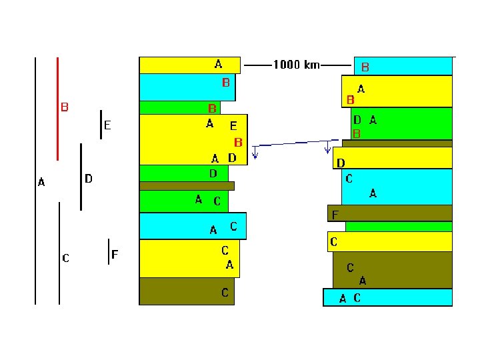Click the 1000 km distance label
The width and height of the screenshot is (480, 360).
[296, 65]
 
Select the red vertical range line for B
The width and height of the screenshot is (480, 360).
[57, 109]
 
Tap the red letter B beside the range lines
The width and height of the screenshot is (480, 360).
[65, 107]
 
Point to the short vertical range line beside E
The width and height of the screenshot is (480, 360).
[101, 125]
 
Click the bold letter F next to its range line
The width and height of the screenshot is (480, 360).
[115, 254]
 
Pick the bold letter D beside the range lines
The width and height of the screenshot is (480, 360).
[89, 179]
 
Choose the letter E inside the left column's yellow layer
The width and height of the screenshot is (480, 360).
[233, 126]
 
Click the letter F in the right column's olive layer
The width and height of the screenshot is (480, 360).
[335, 215]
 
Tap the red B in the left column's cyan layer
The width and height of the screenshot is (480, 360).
[225, 83]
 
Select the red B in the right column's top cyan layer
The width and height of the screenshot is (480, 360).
[365, 67]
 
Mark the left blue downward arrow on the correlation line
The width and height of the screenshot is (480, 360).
[255, 153]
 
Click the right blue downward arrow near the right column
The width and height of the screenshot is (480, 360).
[327, 147]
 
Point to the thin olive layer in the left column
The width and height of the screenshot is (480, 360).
[187, 186]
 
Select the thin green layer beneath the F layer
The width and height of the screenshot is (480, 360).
[399, 227]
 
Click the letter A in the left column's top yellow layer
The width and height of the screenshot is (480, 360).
[218, 64]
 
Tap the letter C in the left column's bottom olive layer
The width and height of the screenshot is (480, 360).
[225, 293]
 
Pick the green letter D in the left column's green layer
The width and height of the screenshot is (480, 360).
[213, 173]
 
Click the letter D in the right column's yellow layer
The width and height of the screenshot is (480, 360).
[341, 163]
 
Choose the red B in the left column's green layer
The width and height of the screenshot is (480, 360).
[212, 109]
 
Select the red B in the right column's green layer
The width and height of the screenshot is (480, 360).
[356, 134]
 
